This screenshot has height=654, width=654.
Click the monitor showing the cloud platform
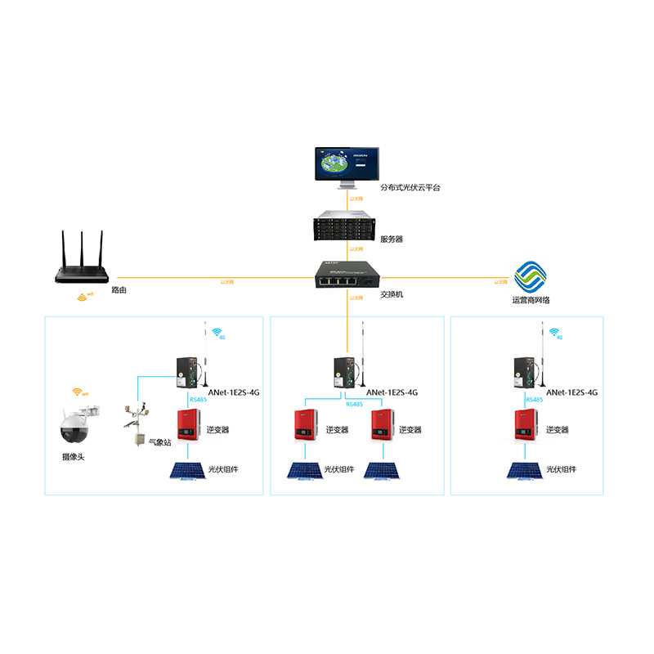(346, 167)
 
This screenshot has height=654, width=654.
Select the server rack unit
(346, 228)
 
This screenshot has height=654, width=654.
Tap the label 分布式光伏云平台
(410, 188)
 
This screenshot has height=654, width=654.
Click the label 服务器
(392, 240)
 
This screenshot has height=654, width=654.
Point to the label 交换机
(393, 295)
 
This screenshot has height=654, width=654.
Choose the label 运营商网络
(531, 300)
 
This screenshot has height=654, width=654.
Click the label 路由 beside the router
(119, 290)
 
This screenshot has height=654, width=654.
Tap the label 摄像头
(73, 457)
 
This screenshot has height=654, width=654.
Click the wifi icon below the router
(83, 298)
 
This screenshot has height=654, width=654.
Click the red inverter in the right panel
(526, 425)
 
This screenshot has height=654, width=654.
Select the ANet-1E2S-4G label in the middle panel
(392, 392)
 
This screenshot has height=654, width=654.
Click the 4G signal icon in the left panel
(217, 334)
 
